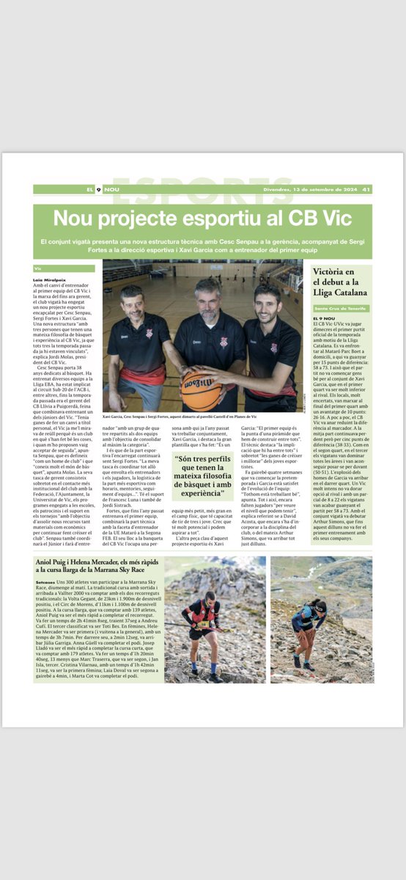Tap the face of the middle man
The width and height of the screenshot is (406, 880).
click(207, 296)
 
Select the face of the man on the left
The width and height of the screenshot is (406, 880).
click(133, 304)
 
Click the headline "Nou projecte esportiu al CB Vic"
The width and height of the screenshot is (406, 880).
click(202, 219)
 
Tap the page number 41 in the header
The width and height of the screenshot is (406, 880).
click(366, 189)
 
